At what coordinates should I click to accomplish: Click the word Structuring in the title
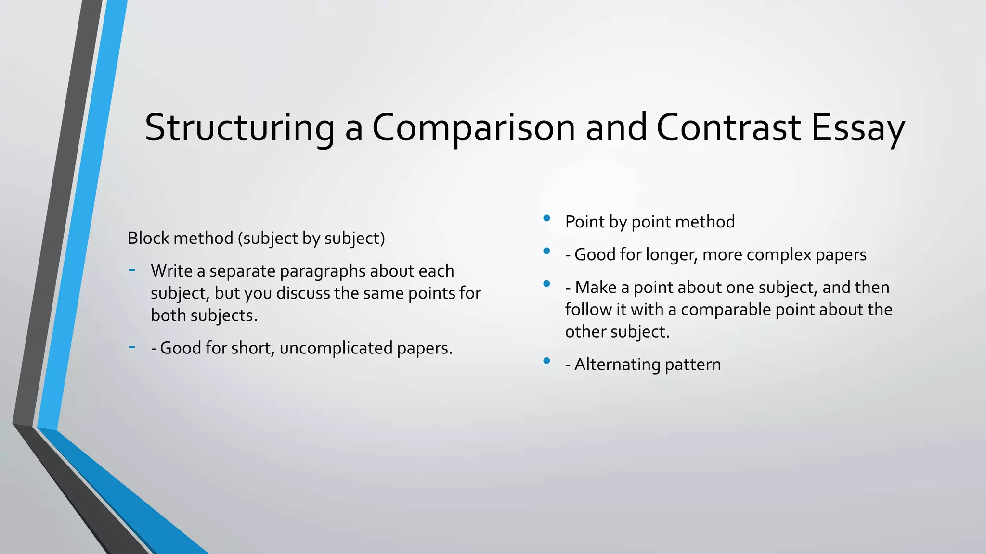[239, 127]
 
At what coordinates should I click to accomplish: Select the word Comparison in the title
[473, 127]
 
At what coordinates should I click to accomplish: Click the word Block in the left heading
[148, 238]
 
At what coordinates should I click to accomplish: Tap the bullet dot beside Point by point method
[546, 218]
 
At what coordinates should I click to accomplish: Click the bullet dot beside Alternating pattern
[546, 361]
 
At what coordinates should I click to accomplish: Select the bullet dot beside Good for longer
[546, 251]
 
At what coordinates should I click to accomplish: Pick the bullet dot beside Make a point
[546, 284]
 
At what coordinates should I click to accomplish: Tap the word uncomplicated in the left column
[336, 348]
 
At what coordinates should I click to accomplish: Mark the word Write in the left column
[171, 271]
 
